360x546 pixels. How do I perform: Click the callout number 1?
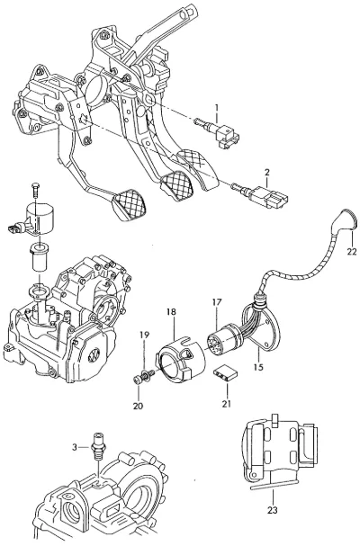pyautogui.click(x=216, y=108)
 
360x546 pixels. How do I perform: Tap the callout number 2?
pyautogui.click(x=267, y=172)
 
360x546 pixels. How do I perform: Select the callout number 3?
pyautogui.click(x=75, y=447)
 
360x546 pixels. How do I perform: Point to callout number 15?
pyautogui.click(x=258, y=367)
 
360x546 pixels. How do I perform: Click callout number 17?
pyautogui.click(x=216, y=302)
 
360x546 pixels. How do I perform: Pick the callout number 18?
pyautogui.click(x=171, y=311)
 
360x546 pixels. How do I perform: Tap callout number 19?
pyautogui.click(x=144, y=335)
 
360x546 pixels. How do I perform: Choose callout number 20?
pyautogui.click(x=138, y=406)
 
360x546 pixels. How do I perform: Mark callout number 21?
pyautogui.click(x=227, y=404)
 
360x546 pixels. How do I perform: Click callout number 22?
pyautogui.click(x=352, y=251)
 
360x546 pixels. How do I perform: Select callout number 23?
pyautogui.click(x=273, y=510)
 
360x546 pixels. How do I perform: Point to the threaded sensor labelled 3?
pyautogui.click(x=98, y=445)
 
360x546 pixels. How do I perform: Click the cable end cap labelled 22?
pyautogui.click(x=345, y=220)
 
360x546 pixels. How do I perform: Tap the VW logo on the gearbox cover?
pyautogui.click(x=94, y=356)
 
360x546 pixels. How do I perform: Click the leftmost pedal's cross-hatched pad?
pyautogui.click(x=130, y=204)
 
